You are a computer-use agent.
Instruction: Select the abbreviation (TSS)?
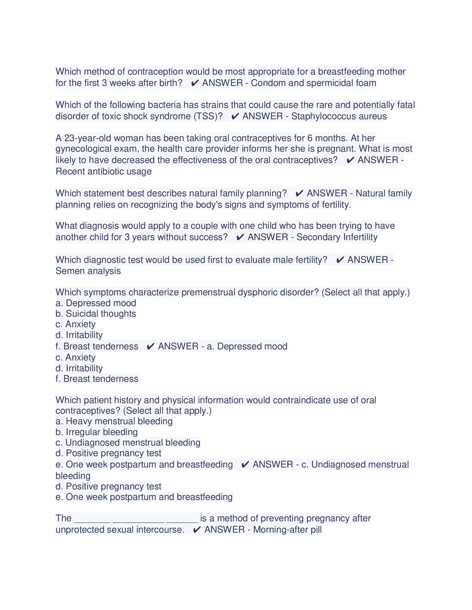(208, 116)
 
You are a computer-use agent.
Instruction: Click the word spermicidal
(329, 83)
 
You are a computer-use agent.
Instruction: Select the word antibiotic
(105, 171)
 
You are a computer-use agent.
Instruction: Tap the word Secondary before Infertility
(318, 237)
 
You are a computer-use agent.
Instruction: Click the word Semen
(69, 271)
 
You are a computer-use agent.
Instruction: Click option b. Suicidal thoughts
(96, 314)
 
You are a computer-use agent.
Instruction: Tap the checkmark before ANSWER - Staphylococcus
(235, 116)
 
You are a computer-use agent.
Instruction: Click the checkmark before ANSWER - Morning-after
(197, 530)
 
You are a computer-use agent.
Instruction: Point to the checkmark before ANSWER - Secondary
(240, 237)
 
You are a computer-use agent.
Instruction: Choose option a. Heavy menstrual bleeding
(114, 421)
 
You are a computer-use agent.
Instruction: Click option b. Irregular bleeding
(96, 432)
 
